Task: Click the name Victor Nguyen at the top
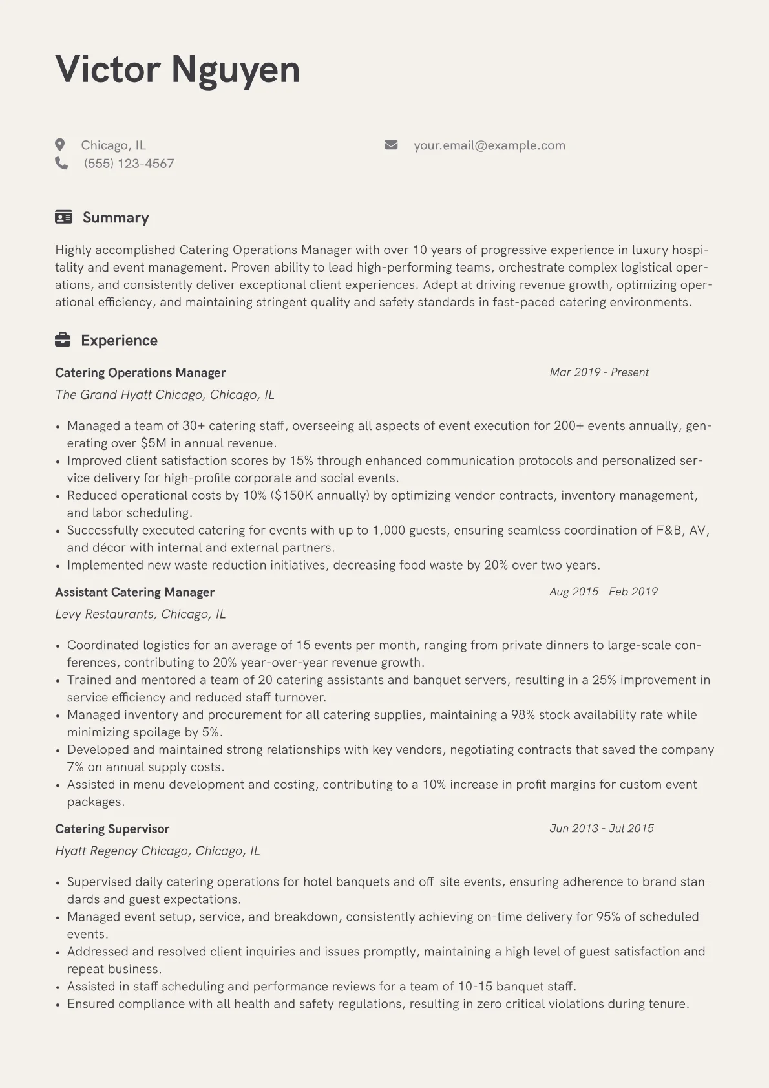[x=178, y=69]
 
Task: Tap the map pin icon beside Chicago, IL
[x=60, y=145]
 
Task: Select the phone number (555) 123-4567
[x=129, y=164]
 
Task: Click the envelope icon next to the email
[x=391, y=145]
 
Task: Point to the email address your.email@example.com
[x=489, y=145]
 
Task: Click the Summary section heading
[x=116, y=217]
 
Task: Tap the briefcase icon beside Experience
[x=63, y=340]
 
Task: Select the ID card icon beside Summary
[x=63, y=217]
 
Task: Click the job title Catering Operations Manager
[x=140, y=372]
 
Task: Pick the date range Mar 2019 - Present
[x=599, y=372]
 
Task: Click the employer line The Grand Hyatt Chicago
[x=165, y=394]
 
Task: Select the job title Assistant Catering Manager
[x=134, y=592]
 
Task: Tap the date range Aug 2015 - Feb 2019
[x=604, y=592]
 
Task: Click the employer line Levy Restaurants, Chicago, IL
[x=140, y=613]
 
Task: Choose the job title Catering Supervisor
[x=112, y=829]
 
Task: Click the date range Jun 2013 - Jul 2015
[x=602, y=828]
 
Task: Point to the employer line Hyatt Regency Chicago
[x=157, y=851]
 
